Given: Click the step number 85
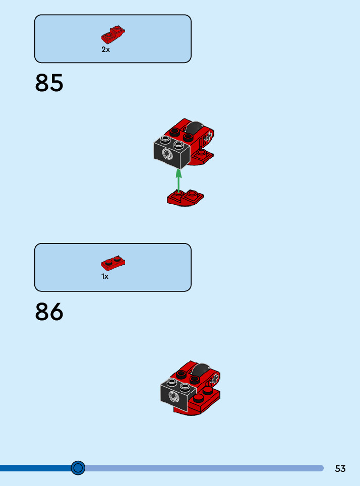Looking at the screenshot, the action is click(49, 83).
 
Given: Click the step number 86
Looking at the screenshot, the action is click(49, 312).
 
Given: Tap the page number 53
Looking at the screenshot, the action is click(340, 468).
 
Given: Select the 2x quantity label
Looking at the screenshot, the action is click(105, 50).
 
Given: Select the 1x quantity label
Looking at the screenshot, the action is click(105, 277).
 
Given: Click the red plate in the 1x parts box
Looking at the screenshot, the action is click(113, 263).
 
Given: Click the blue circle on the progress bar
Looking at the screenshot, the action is click(78, 468).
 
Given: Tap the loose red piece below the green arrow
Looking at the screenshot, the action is click(185, 198).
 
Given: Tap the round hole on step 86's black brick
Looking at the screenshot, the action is click(173, 397).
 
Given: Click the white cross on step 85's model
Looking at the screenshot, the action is click(209, 136).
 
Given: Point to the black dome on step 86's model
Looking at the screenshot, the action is click(202, 370).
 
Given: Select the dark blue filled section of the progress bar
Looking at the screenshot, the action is click(35, 468).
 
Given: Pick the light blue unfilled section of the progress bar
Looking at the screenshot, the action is click(202, 468).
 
